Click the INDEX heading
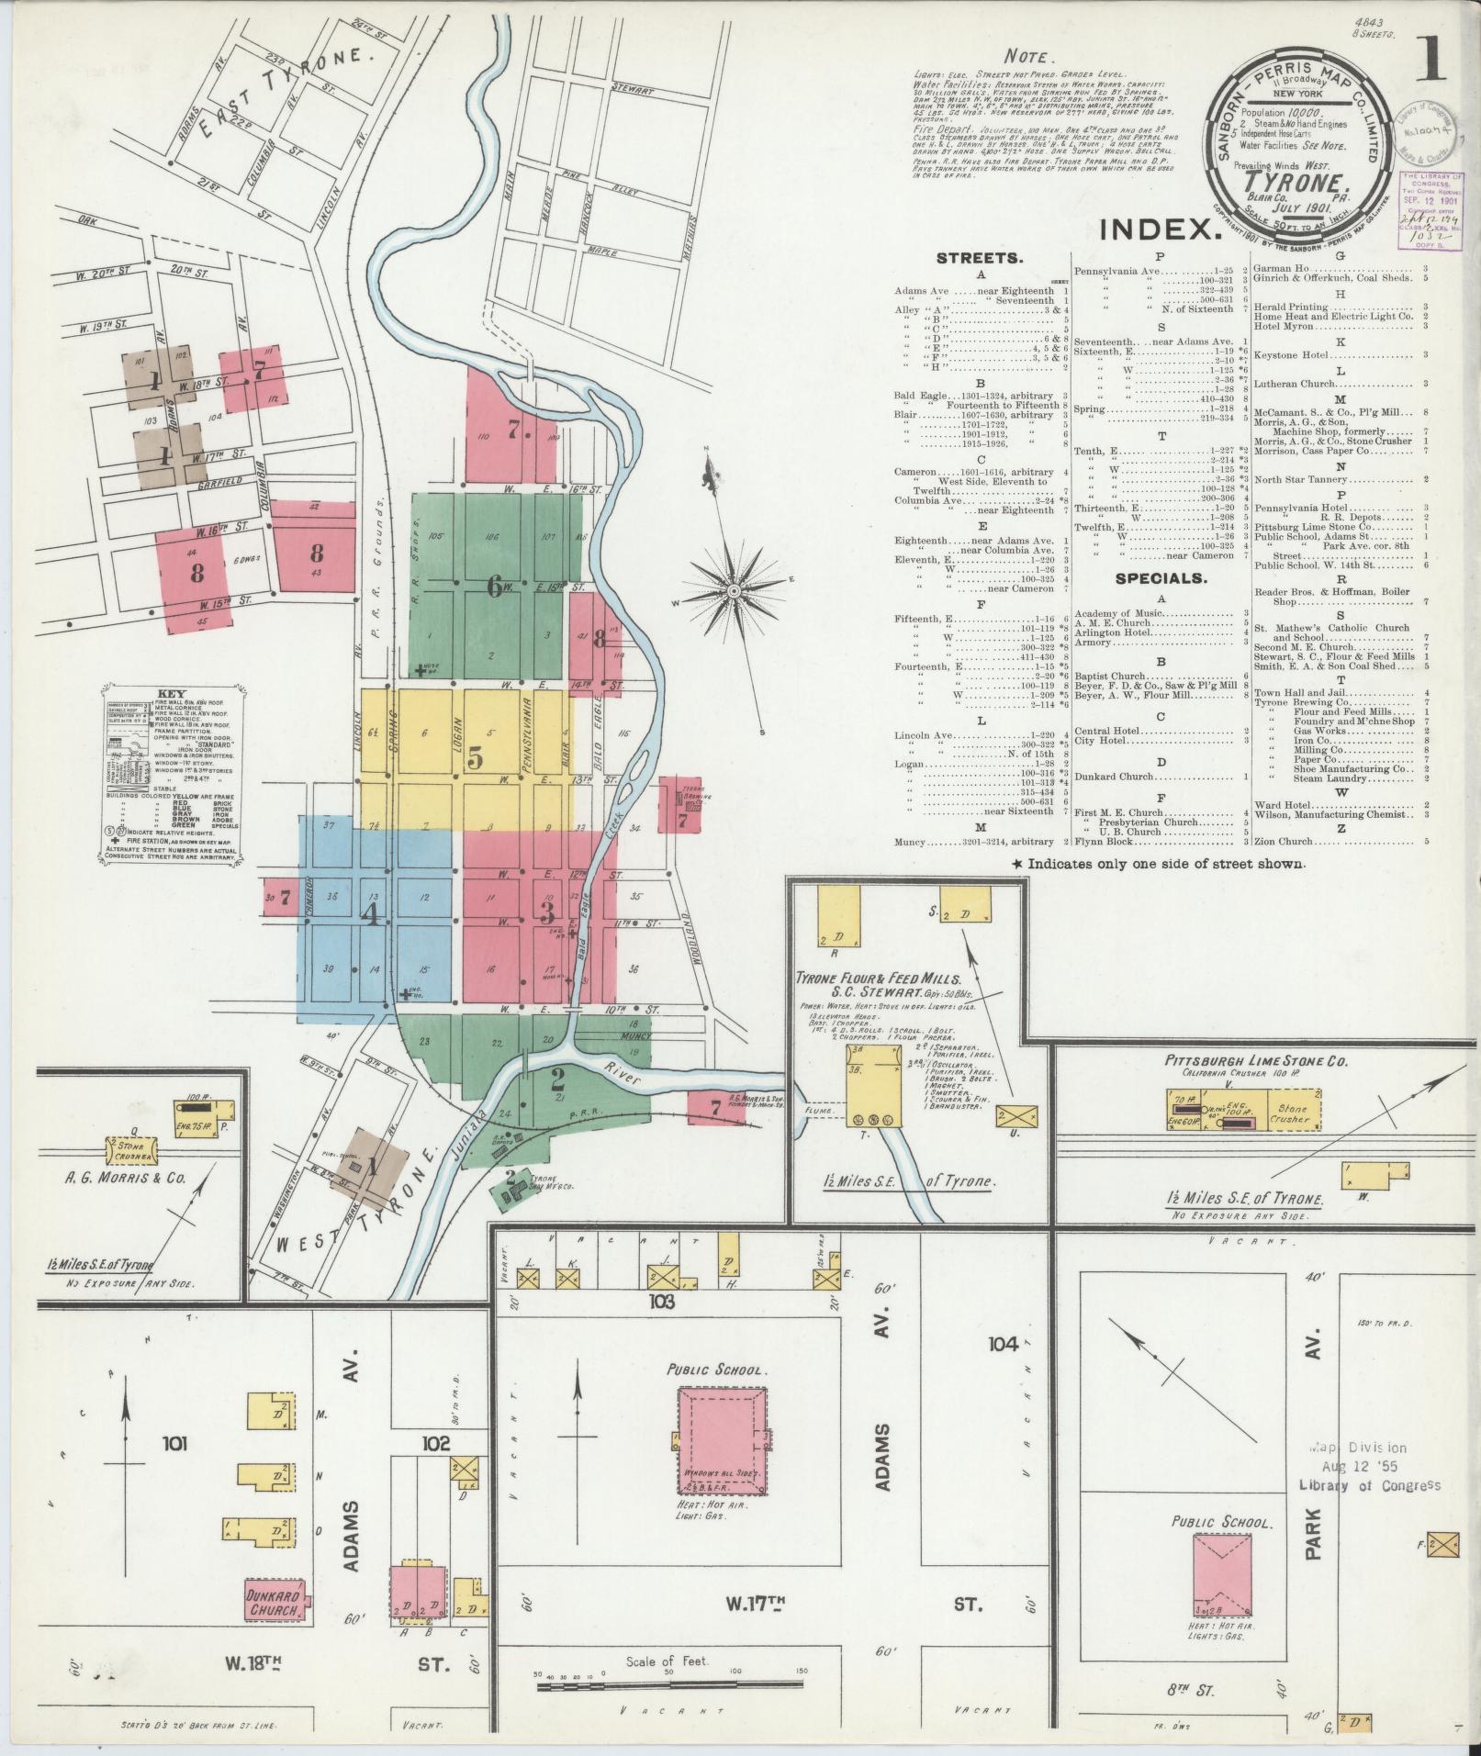(1161, 229)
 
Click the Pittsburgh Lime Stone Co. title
(1255, 1061)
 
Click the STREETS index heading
(981, 259)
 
